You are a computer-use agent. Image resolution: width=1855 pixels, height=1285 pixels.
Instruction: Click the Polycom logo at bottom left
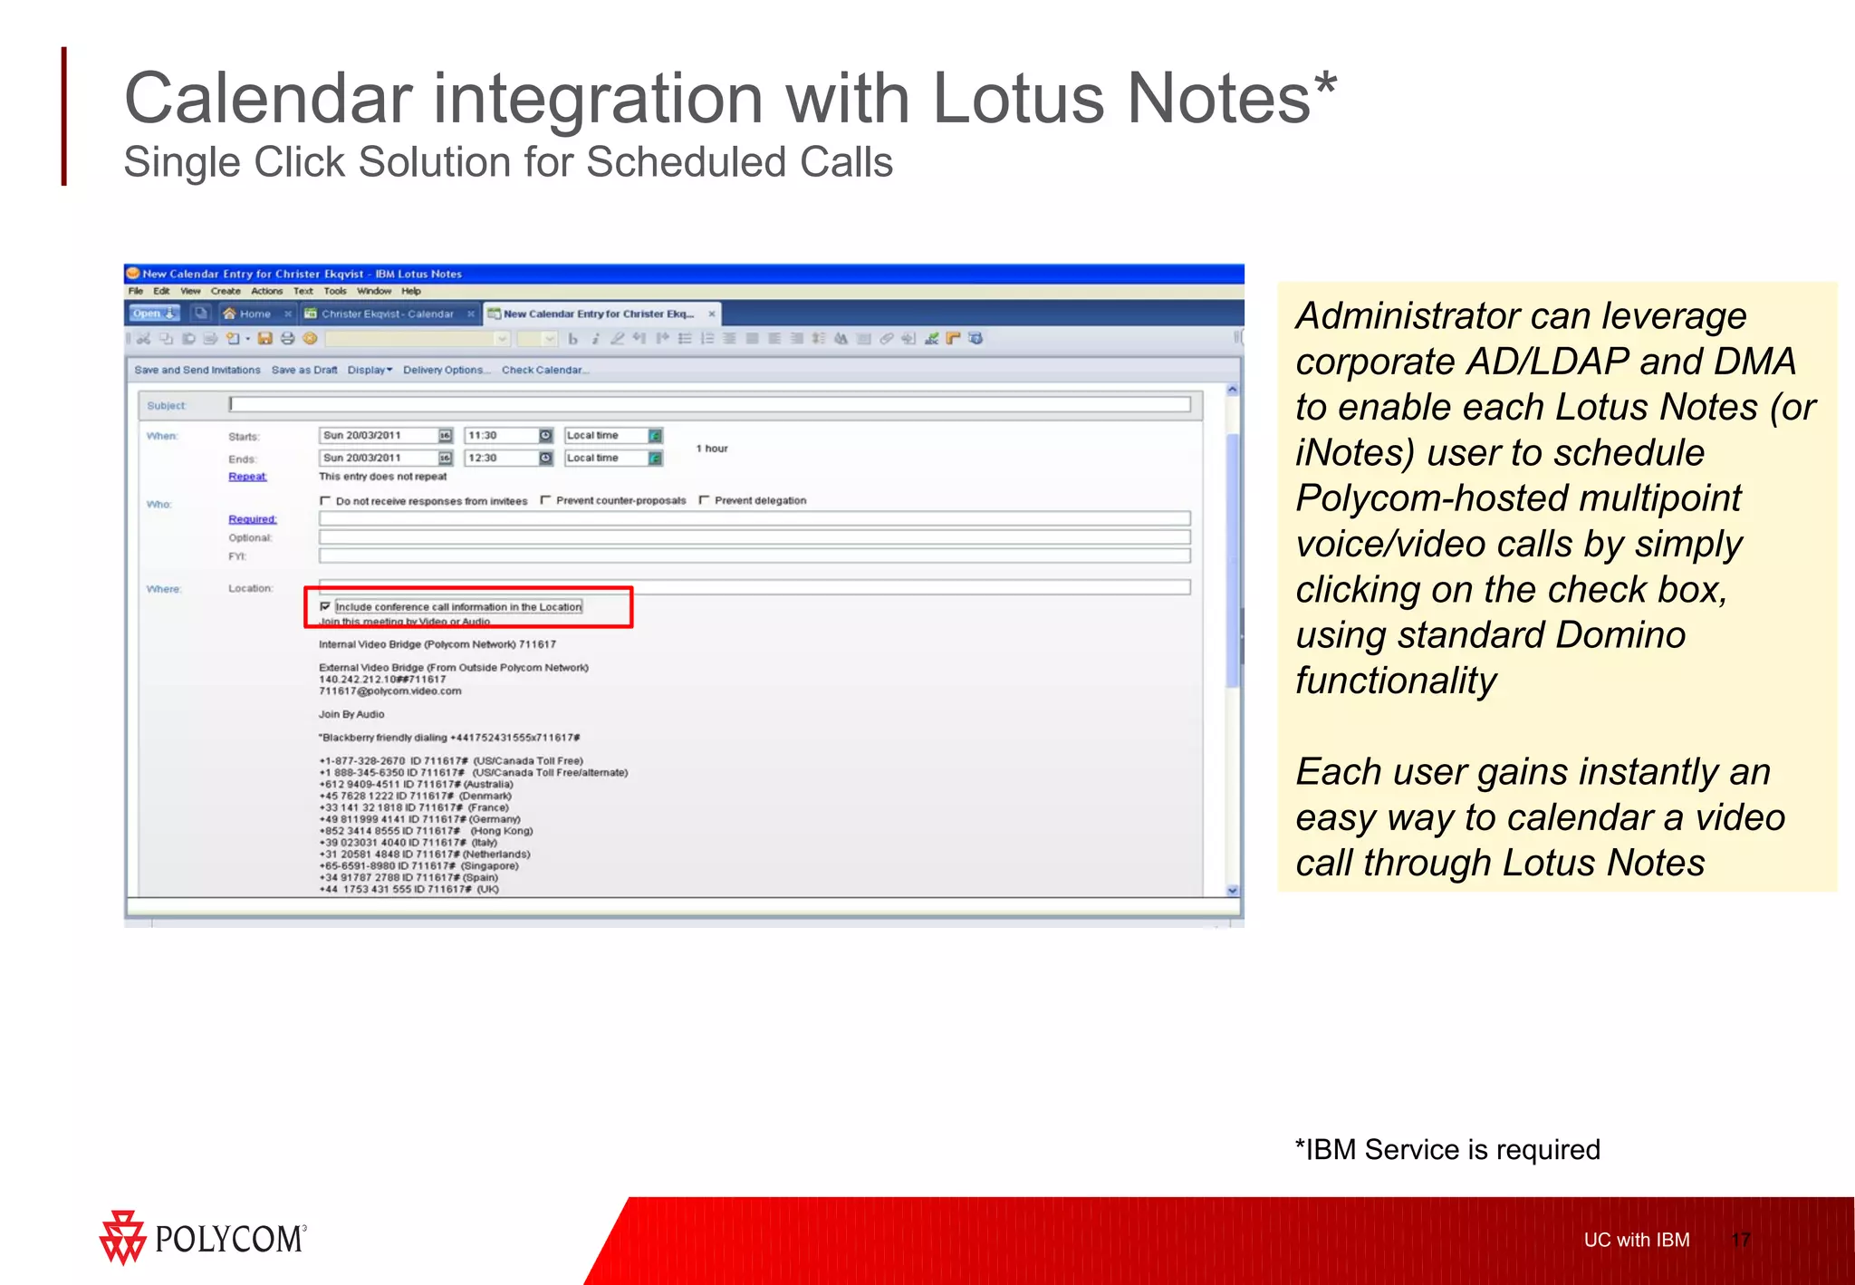(x=203, y=1238)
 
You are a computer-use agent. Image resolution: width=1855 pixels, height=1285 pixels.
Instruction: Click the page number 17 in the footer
(x=1740, y=1240)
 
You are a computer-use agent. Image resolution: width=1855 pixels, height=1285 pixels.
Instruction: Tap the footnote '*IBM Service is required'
(x=1447, y=1149)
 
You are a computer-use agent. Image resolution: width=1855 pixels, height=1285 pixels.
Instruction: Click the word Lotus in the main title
(x=1018, y=98)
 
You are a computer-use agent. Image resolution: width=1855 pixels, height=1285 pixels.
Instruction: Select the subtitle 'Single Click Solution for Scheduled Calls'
(x=507, y=163)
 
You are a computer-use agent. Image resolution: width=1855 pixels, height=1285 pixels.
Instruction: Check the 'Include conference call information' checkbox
(x=325, y=606)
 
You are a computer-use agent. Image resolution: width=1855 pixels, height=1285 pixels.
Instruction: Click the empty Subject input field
(x=708, y=404)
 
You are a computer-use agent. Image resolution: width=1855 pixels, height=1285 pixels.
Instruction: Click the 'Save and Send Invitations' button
(x=197, y=370)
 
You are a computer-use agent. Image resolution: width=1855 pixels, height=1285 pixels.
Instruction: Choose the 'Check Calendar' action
(x=544, y=370)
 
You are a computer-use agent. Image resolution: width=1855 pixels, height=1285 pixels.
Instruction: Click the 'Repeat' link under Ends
(x=247, y=477)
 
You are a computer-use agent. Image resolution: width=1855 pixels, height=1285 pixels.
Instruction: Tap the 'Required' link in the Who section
(x=252, y=519)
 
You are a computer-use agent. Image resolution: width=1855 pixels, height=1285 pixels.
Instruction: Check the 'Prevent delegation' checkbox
(x=705, y=500)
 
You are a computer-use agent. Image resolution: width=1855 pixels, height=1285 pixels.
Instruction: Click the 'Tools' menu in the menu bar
(x=334, y=291)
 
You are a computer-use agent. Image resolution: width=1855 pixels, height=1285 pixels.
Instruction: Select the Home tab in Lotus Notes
(x=254, y=314)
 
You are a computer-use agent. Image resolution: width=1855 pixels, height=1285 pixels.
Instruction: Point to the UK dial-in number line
(x=408, y=889)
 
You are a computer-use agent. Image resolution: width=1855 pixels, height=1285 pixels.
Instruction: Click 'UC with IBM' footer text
(x=1636, y=1240)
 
